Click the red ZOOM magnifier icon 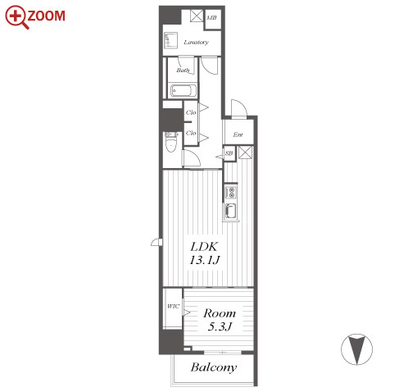pos(16,17)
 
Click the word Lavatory pos(196,42)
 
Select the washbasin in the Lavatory pos(171,40)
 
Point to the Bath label pos(183,71)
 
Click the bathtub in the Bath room pos(184,91)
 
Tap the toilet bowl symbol pos(171,142)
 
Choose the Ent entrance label pos(238,134)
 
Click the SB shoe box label pos(229,153)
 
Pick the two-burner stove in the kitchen pos(231,192)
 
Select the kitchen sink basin pos(231,212)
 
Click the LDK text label pos(204,247)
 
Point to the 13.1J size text pos(205,260)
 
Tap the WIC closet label pos(174,306)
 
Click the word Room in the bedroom pos(220,313)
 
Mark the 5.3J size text pos(220,326)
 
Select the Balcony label pos(214,367)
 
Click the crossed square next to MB pos(197,16)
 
